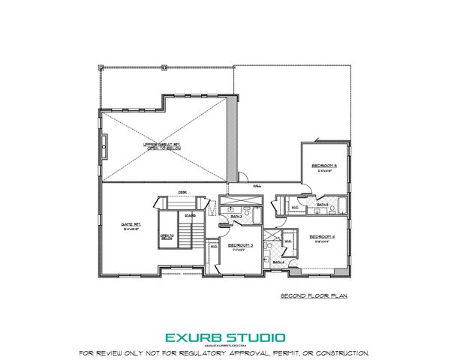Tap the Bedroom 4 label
[323, 236]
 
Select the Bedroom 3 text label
[241, 245]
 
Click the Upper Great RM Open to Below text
[163, 146]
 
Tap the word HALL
[257, 184]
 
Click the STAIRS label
[191, 215]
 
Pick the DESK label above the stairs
[182, 190]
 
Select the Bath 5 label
[323, 204]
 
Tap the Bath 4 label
[278, 262]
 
